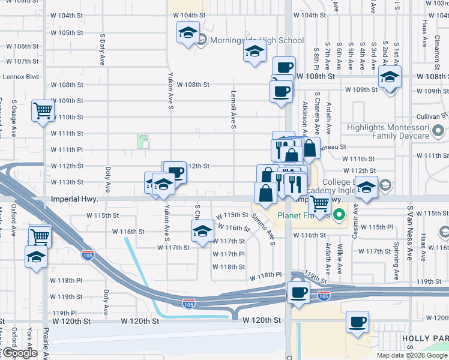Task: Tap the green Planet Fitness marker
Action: [340, 214]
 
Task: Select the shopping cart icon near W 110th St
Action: [43, 110]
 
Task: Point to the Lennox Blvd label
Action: [20, 77]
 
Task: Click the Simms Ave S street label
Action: [264, 229]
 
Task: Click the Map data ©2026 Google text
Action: [411, 355]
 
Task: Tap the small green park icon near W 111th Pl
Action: [143, 141]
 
